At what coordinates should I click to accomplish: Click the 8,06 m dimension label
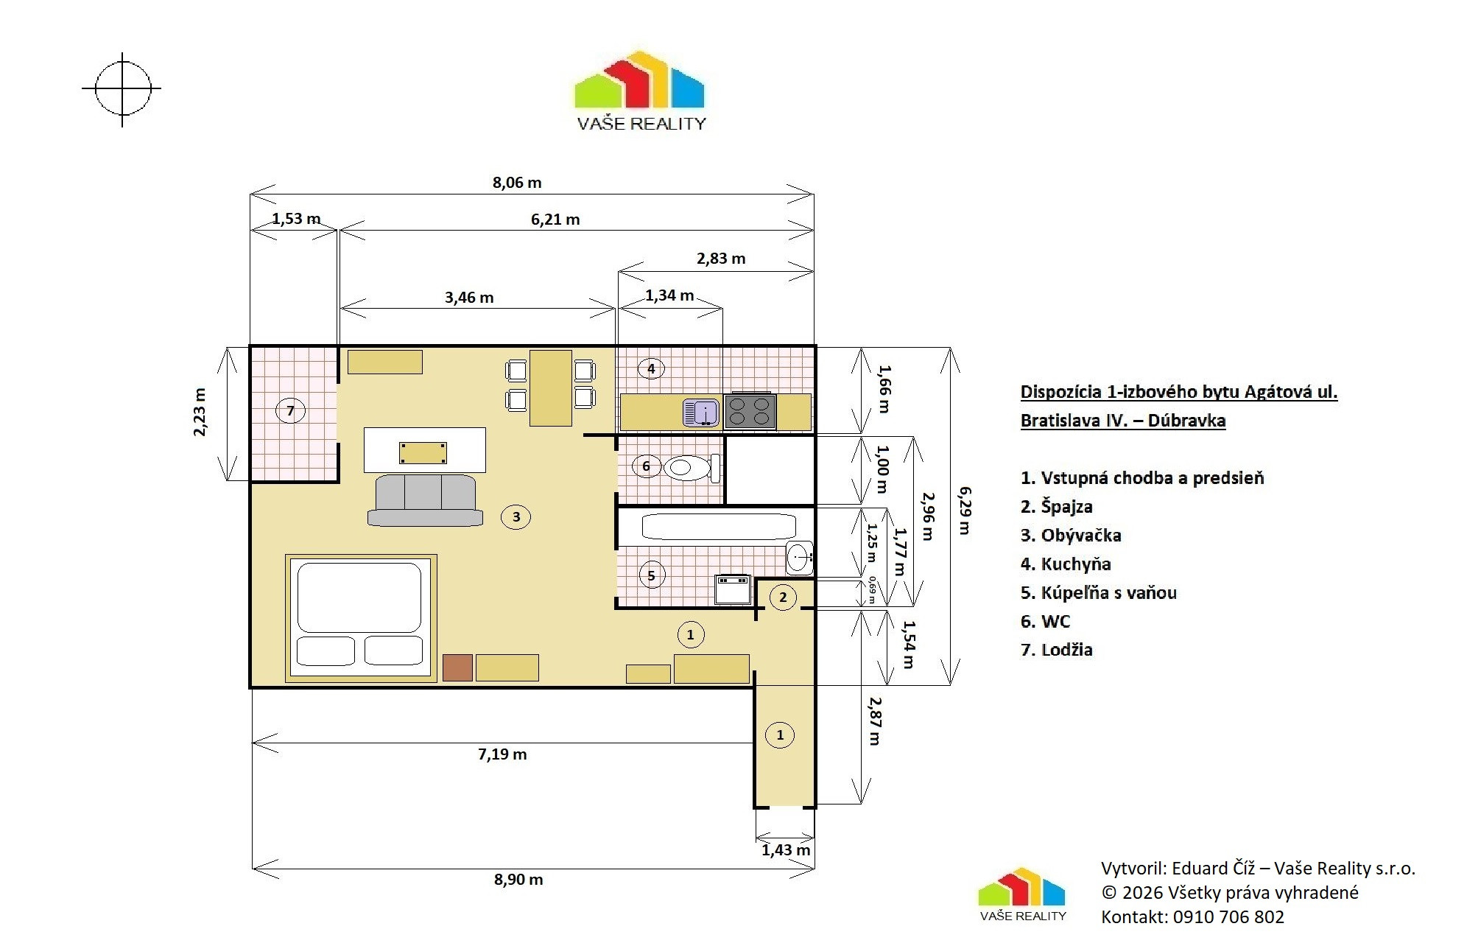517,182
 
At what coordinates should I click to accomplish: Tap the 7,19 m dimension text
502,754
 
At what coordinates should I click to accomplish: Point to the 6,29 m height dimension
964,510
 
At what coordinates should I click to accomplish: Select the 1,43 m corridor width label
786,849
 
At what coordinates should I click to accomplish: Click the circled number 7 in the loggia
290,410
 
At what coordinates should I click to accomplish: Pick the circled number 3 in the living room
516,516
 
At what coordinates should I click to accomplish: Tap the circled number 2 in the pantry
783,597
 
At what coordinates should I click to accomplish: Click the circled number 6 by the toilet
646,466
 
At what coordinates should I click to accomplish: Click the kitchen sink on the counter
700,413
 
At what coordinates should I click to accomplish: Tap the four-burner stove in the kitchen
750,411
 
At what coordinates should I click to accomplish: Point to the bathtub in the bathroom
718,527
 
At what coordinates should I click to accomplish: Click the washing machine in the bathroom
733,589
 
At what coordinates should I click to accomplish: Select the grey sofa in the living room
425,500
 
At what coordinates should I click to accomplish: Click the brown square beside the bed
457,667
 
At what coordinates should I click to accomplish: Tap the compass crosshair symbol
122,89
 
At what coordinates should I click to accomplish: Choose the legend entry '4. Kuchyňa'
1066,564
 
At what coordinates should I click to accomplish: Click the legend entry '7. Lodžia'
1056,650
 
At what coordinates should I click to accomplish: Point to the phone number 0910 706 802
1228,917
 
